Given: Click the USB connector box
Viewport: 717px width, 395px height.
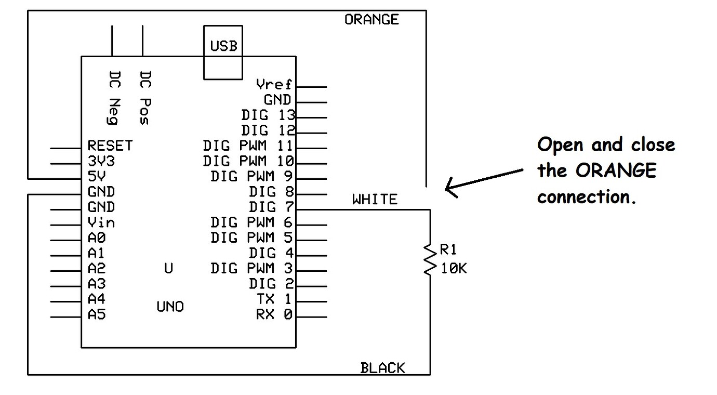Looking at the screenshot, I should click(223, 52).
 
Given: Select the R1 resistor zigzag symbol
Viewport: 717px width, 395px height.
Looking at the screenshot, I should click(430, 260).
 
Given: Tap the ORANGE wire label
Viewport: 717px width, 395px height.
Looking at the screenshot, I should click(371, 20).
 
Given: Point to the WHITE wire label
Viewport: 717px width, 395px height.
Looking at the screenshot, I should click(375, 200).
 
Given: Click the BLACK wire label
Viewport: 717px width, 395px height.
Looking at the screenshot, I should click(382, 368).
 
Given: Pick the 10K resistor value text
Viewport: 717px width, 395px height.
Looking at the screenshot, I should click(454, 269).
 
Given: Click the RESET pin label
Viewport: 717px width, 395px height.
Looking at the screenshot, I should click(110, 146).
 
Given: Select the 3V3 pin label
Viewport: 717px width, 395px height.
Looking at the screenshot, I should click(101, 161).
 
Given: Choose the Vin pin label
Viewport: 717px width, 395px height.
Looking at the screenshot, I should click(101, 223).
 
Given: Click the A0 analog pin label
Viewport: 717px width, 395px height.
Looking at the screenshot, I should click(97, 238).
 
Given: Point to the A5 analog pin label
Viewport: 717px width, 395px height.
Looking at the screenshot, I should click(97, 314).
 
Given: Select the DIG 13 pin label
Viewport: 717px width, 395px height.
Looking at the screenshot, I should click(268, 115).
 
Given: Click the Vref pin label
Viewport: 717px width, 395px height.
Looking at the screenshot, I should click(274, 84).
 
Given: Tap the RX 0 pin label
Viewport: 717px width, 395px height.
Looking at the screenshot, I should click(274, 314).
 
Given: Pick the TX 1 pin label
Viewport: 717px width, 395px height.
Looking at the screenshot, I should click(274, 299).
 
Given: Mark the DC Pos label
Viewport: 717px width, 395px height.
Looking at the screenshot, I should click(145, 98).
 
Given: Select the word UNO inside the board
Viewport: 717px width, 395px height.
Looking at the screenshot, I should click(170, 307).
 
